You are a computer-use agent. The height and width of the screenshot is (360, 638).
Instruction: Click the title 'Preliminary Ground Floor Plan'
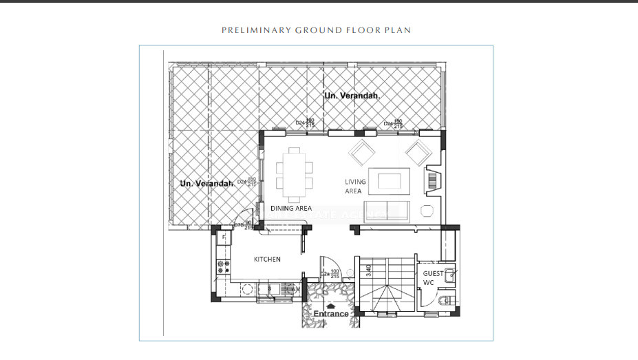(316, 30)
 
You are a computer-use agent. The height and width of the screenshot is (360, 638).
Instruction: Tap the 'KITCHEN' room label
(267, 260)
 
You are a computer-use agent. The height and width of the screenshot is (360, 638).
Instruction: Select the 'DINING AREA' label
(290, 208)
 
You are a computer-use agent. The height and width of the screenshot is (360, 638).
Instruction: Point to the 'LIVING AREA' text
(355, 187)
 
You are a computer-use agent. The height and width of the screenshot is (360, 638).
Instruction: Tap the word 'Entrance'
(331, 314)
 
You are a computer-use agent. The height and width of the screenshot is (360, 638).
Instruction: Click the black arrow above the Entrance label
(331, 306)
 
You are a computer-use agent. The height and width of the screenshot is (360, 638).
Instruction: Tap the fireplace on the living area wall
(432, 181)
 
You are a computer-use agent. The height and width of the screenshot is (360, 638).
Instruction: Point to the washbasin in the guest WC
(449, 276)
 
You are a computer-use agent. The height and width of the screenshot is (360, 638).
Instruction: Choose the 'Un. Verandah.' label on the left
(206, 184)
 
